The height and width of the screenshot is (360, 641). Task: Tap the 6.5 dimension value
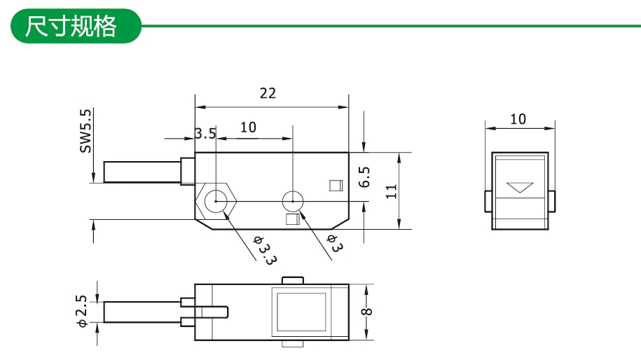[365, 177]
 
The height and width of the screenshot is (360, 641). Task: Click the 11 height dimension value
[392, 191]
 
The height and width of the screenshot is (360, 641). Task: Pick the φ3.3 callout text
[265, 249]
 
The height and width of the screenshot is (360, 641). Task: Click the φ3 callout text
[334, 244]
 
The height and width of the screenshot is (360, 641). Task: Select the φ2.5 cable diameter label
[82, 311]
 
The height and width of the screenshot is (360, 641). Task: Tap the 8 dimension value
[368, 312]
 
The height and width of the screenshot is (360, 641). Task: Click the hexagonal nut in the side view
[217, 202]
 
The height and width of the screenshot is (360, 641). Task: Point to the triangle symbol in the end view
[519, 188]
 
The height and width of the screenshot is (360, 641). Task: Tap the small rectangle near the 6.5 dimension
[335, 186]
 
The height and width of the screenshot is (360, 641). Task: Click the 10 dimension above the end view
[518, 119]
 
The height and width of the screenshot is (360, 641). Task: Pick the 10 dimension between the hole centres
[248, 127]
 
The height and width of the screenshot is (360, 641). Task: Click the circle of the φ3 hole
[292, 202]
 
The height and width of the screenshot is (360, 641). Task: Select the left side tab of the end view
[487, 200]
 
